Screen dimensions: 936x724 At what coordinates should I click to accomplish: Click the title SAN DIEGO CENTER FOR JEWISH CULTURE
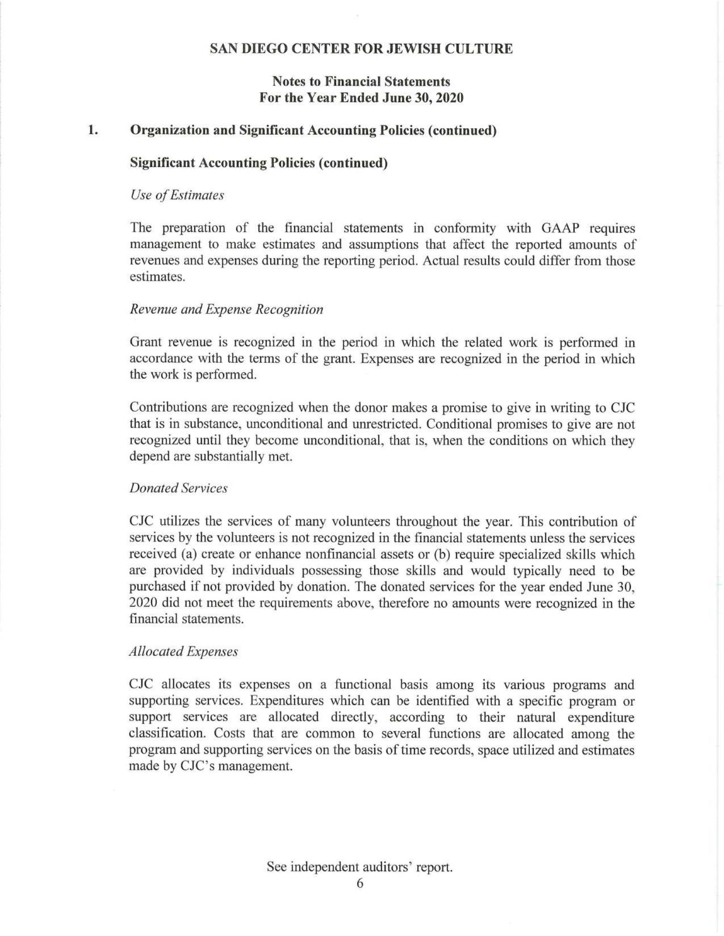[x=361, y=49]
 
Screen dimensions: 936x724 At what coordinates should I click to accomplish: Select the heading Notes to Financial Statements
[x=361, y=81]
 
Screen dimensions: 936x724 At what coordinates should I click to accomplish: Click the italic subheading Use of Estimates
[x=177, y=195]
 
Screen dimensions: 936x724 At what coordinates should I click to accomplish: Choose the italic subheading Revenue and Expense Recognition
[x=226, y=309]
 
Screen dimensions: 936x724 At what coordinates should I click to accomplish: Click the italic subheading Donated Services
[x=179, y=488]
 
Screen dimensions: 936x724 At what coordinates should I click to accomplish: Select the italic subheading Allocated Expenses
[x=183, y=651]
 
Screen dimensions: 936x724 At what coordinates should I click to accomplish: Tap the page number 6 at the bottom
[x=360, y=883]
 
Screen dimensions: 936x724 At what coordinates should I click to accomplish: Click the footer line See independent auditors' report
[x=360, y=867]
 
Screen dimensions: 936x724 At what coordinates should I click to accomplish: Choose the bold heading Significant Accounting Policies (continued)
[x=259, y=163]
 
